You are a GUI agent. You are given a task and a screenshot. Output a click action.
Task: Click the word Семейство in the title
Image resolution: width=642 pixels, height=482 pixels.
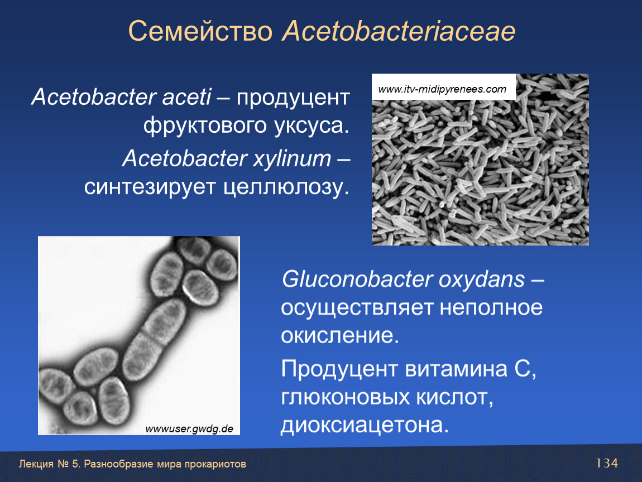point(200,31)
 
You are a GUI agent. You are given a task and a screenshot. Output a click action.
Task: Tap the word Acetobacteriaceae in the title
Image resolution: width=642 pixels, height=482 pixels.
point(399,31)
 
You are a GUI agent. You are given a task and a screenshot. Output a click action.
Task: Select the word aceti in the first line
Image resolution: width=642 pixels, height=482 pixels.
point(186,97)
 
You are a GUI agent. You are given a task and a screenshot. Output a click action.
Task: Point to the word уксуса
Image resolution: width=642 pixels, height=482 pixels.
point(312,126)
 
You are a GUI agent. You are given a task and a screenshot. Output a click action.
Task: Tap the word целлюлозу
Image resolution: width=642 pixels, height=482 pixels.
point(286,187)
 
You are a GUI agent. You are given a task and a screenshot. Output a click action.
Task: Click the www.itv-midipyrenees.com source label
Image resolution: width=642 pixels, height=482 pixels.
point(442,89)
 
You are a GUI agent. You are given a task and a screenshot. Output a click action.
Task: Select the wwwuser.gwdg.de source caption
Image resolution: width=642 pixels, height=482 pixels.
point(189,429)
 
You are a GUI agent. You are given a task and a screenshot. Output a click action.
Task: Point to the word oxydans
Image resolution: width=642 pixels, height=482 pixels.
point(482,280)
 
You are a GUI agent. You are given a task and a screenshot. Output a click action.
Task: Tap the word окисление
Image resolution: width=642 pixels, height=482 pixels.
point(339,335)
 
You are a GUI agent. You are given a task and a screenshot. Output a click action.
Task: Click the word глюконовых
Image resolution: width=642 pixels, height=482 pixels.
point(345,397)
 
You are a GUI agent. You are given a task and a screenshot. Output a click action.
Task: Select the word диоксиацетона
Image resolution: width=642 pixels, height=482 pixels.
point(365,425)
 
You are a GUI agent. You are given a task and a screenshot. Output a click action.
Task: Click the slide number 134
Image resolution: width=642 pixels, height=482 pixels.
point(607,463)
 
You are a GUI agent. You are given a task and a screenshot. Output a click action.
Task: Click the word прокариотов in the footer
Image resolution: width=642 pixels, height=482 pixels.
point(215,464)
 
